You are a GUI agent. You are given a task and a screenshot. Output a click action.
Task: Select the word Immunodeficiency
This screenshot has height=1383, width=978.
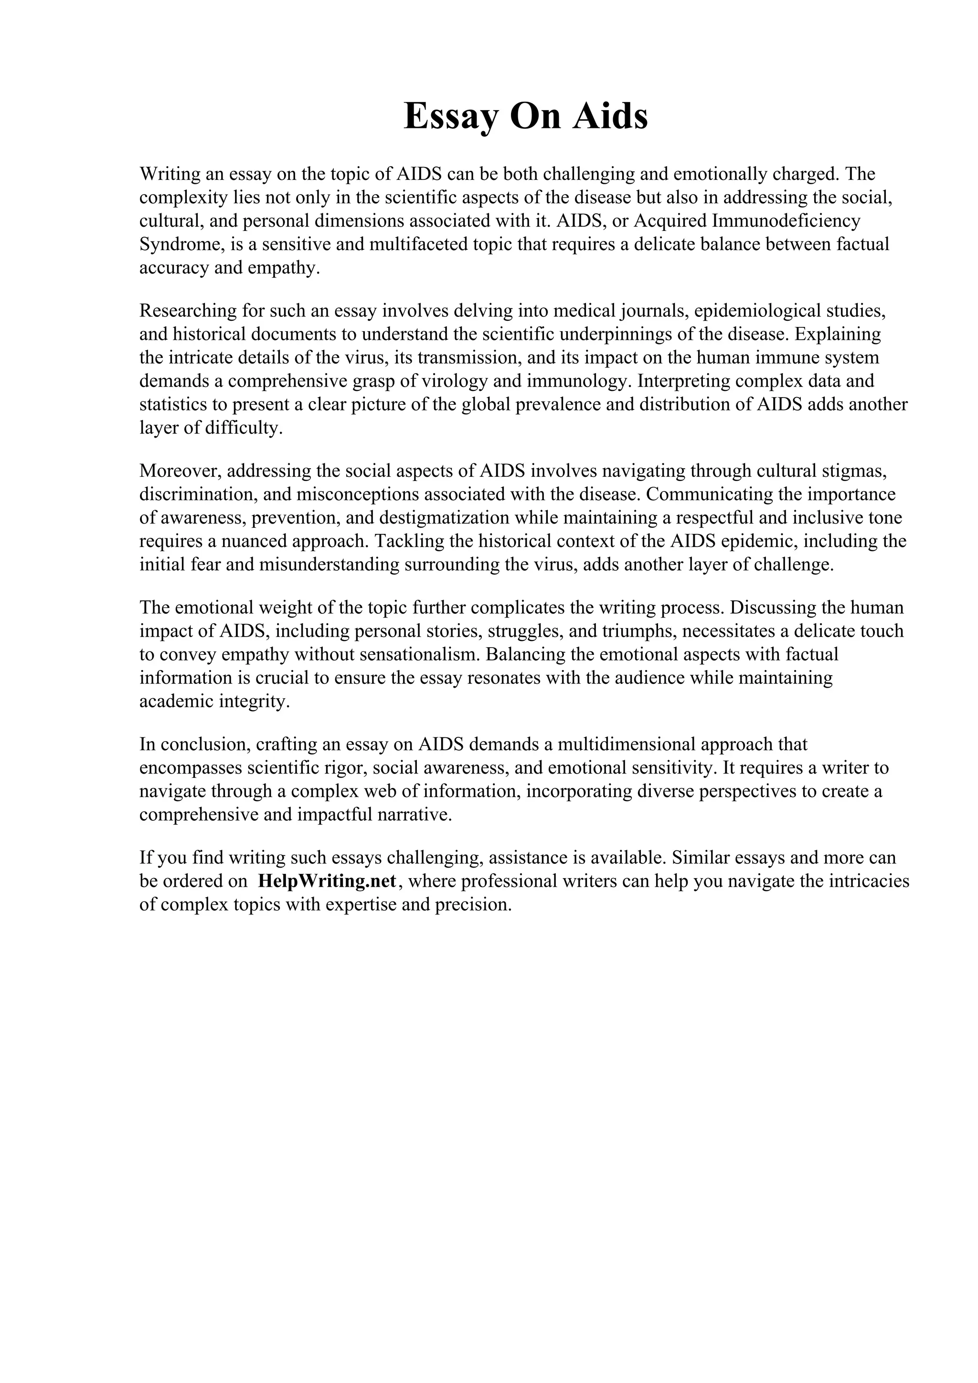(x=787, y=221)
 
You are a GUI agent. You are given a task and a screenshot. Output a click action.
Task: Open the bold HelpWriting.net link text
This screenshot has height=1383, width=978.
(x=327, y=881)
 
